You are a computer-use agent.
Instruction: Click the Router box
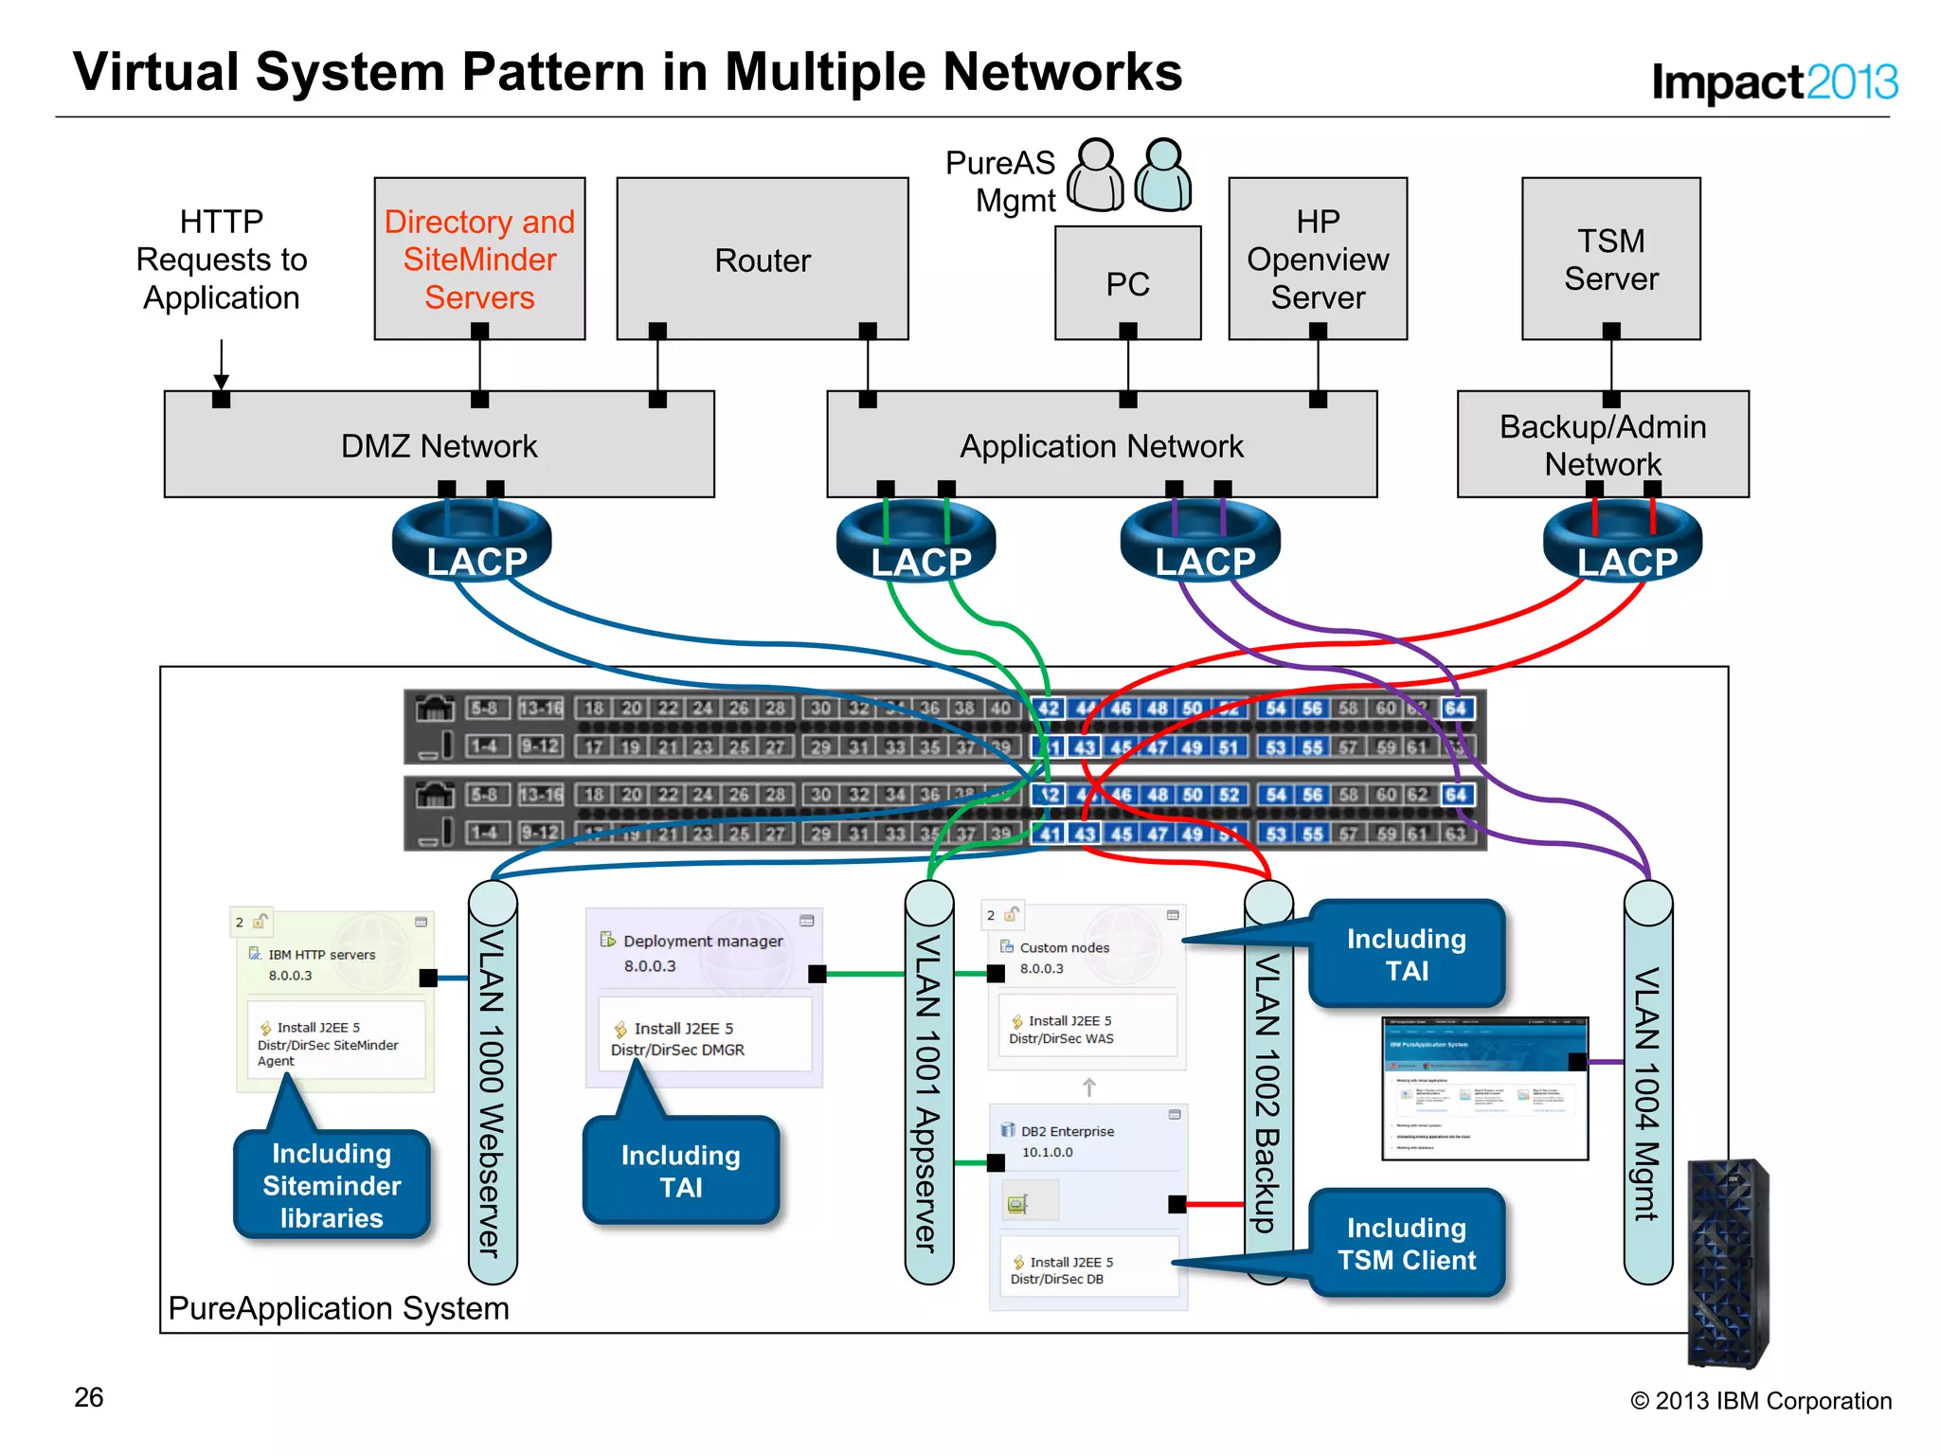pyautogui.click(x=763, y=260)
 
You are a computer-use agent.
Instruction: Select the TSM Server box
pyautogui.click(x=1610, y=260)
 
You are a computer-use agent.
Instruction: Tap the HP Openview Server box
pyautogui.click(x=1318, y=260)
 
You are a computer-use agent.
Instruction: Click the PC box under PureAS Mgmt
pyautogui.click(x=1127, y=283)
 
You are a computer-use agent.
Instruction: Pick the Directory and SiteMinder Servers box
pyautogui.click(x=479, y=260)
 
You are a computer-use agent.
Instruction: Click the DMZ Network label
pyautogui.click(x=439, y=446)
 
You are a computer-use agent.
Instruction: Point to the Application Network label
pyautogui.click(x=1101, y=446)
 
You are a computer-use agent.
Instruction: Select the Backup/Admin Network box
pyautogui.click(x=1603, y=444)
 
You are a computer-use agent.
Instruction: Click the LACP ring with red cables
pyautogui.click(x=1623, y=545)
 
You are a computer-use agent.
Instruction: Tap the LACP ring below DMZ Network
pyautogui.click(x=472, y=545)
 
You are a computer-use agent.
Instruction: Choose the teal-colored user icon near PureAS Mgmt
pyautogui.click(x=1162, y=176)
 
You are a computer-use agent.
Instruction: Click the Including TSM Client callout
pyautogui.click(x=1406, y=1243)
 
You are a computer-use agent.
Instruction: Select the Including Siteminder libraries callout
pyautogui.click(x=332, y=1184)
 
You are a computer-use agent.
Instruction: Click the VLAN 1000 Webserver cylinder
pyautogui.click(x=493, y=1080)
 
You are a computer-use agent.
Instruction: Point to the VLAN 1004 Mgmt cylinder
pyautogui.click(x=1647, y=1080)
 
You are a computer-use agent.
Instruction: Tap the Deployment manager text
pyautogui.click(x=703, y=941)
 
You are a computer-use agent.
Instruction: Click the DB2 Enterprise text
pyautogui.click(x=1067, y=1131)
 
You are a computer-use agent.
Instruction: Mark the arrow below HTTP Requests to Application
pyautogui.click(x=222, y=365)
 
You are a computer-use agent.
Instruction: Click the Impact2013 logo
pyautogui.click(x=1773, y=81)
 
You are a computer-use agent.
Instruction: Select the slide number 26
pyautogui.click(x=89, y=1397)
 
